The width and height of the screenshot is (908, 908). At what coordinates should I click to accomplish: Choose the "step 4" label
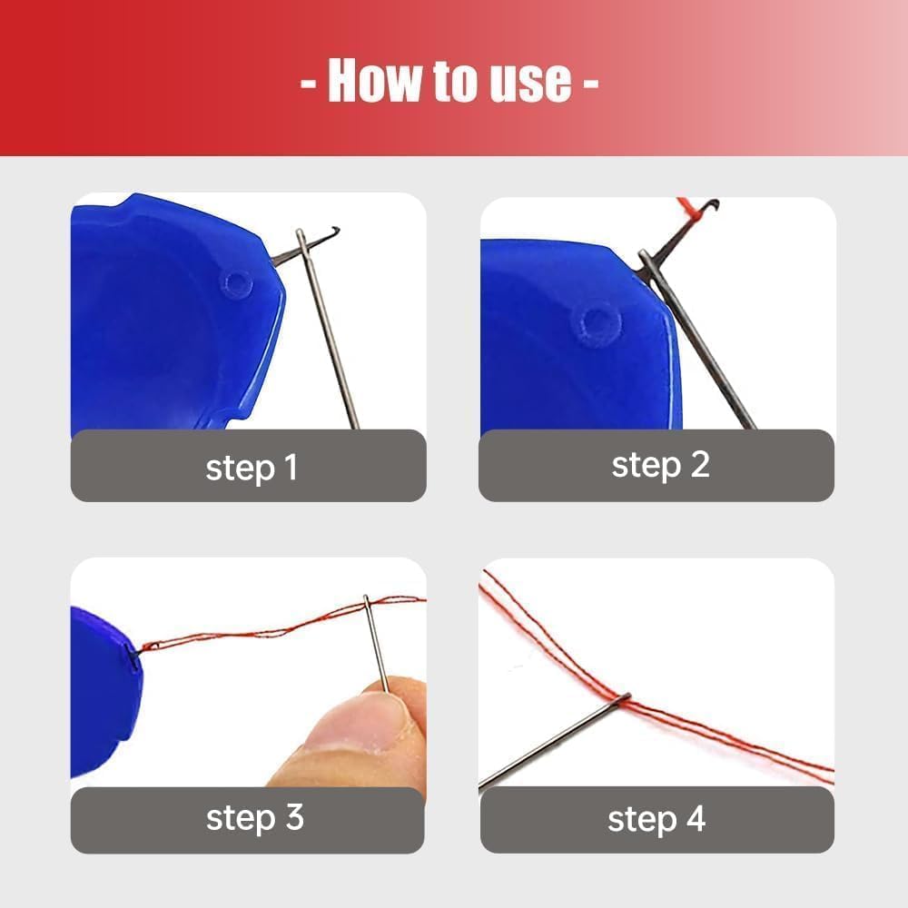point(656,819)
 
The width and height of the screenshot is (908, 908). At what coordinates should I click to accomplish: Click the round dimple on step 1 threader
point(236,285)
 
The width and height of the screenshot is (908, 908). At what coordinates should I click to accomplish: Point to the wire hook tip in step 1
point(334,232)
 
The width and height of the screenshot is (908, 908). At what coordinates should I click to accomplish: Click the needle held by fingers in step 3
point(376,645)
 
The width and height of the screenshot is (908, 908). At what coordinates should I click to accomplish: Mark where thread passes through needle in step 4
point(626,697)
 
